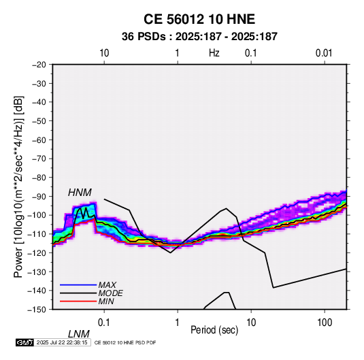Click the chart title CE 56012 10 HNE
(199, 19)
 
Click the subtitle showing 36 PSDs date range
(199, 37)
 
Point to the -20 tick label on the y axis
(39, 65)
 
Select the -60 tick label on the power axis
(39, 140)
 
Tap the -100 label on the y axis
(37, 215)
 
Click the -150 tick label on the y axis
(37, 310)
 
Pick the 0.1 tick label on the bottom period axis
(104, 323)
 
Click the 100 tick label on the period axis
(325, 323)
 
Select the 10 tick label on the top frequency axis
(104, 53)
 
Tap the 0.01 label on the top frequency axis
(324, 53)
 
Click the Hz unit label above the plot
(214, 53)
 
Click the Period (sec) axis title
(214, 330)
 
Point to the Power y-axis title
(18, 186)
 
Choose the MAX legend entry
(107, 285)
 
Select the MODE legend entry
(110, 293)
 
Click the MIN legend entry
(106, 301)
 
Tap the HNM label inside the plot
(80, 193)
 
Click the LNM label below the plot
(78, 334)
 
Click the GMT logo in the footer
(25, 342)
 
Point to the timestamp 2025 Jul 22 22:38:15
(62, 342)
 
